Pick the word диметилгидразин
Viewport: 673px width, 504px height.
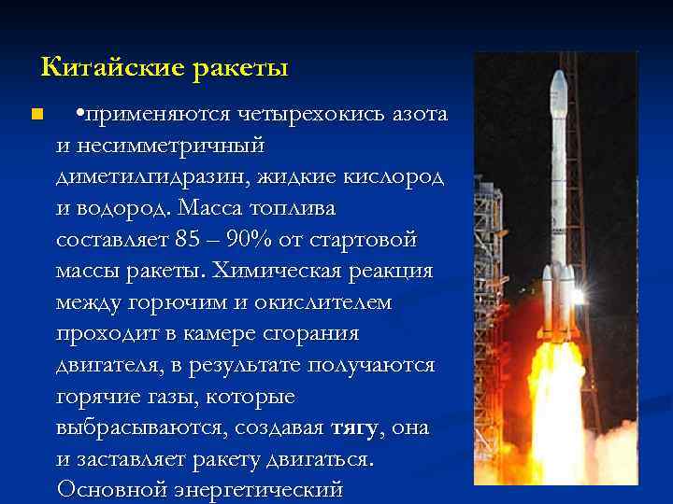click(149, 177)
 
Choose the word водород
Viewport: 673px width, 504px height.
click(133, 208)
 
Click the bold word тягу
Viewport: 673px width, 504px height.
click(354, 428)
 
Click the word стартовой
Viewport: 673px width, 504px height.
click(366, 239)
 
